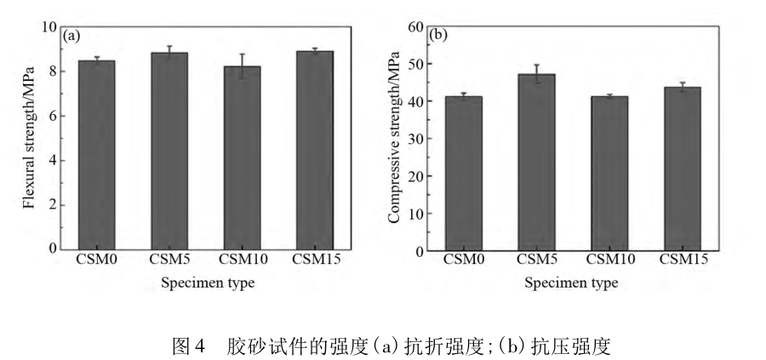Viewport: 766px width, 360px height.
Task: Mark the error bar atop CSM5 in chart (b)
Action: (537, 74)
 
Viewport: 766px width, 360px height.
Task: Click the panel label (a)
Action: (72, 36)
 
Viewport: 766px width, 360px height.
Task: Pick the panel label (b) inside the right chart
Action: (440, 36)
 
